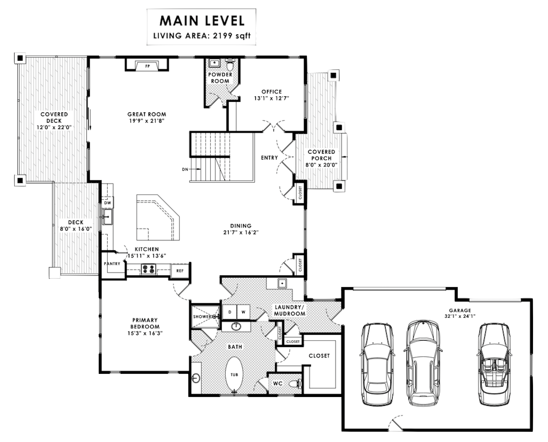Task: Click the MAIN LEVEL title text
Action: (x=202, y=21)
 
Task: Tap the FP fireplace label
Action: (x=147, y=66)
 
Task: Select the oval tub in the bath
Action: (x=234, y=375)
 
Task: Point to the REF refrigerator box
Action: (x=180, y=271)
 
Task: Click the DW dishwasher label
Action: (x=108, y=203)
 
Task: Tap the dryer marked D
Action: (x=230, y=312)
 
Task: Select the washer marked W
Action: (x=243, y=312)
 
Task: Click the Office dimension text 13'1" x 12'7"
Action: (x=272, y=98)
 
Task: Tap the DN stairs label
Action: (x=185, y=169)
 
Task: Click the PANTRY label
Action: (x=112, y=264)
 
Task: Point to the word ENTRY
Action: (x=269, y=158)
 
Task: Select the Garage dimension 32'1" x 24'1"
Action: (x=460, y=316)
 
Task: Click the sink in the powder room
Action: (x=214, y=63)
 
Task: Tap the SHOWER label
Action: (x=203, y=317)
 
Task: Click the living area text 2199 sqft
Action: (x=232, y=36)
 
